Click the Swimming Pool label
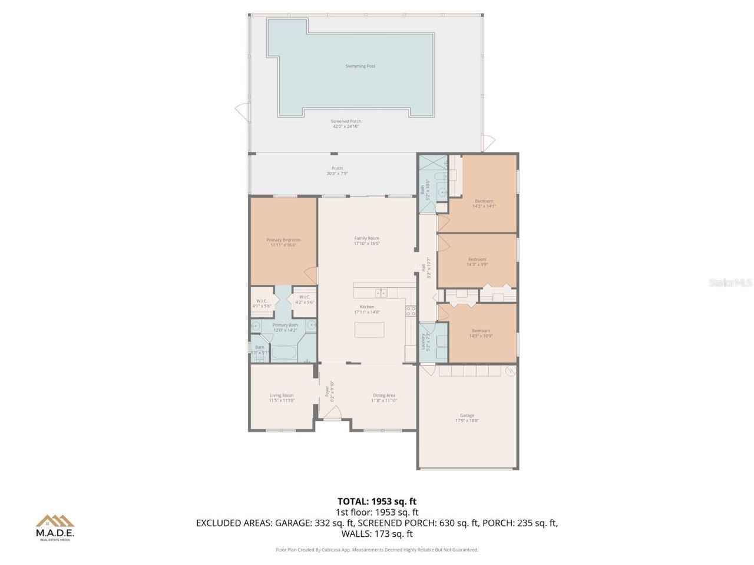point(360,67)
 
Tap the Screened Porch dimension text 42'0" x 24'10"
point(346,127)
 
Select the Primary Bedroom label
point(283,240)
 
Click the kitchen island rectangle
point(369,330)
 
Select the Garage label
point(467,416)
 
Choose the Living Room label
point(282,395)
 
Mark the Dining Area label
point(384,395)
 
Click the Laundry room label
point(423,341)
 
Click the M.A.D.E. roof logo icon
point(55,521)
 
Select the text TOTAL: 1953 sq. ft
point(377,501)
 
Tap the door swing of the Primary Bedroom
point(310,275)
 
